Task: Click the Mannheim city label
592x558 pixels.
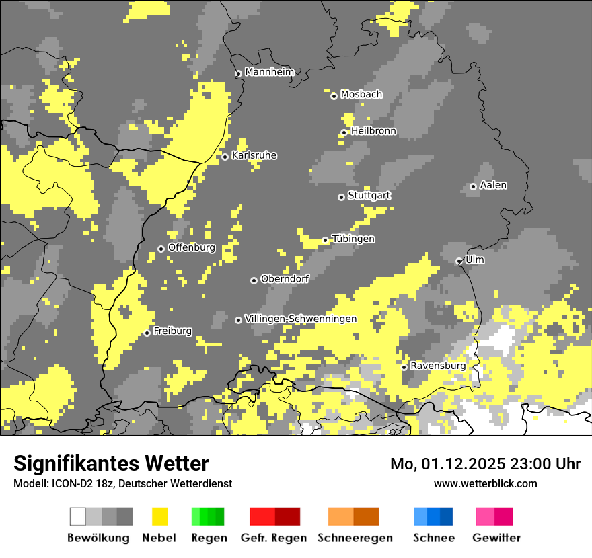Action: [x=269, y=72]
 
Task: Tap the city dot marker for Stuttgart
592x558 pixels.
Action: [x=342, y=197]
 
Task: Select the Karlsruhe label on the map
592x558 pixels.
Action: [x=254, y=155]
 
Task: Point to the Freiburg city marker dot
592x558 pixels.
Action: [x=147, y=333]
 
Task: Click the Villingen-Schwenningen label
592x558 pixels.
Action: [x=301, y=319]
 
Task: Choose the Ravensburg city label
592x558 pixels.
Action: [x=438, y=366]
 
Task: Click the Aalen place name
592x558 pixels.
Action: [x=493, y=185]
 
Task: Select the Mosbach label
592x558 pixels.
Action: [x=361, y=95]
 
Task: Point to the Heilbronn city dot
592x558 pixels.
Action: [x=344, y=132]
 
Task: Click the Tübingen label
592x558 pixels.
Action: [x=353, y=239]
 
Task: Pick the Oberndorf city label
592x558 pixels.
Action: [x=285, y=279]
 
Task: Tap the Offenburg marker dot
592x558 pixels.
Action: [x=161, y=249]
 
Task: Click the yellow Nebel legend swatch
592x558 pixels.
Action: [x=160, y=516]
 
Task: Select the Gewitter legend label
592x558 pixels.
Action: [x=496, y=538]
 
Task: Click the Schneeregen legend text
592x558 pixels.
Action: [x=355, y=538]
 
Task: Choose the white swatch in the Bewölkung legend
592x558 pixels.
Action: [x=78, y=516]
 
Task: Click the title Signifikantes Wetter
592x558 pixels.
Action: [x=111, y=463]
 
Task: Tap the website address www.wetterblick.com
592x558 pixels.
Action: [x=485, y=483]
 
